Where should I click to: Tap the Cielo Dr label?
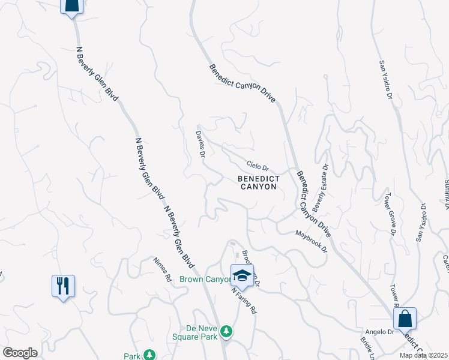[258, 165]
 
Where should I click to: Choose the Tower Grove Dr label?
[390, 213]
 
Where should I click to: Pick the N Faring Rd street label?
[244, 300]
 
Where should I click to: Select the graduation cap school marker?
[242, 275]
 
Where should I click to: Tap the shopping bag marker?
[405, 319]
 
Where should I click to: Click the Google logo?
[20, 353]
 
